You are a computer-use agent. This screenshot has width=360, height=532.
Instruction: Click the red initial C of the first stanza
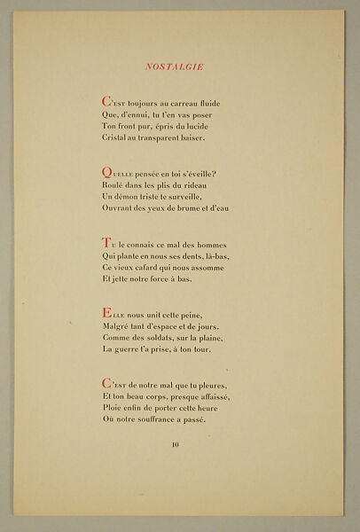coord(106,103)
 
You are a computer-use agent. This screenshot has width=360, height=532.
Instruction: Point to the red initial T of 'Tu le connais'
coord(106,243)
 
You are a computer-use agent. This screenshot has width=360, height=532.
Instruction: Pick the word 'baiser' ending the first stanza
coord(209,138)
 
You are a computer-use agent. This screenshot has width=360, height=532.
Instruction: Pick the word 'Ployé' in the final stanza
coord(116,408)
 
